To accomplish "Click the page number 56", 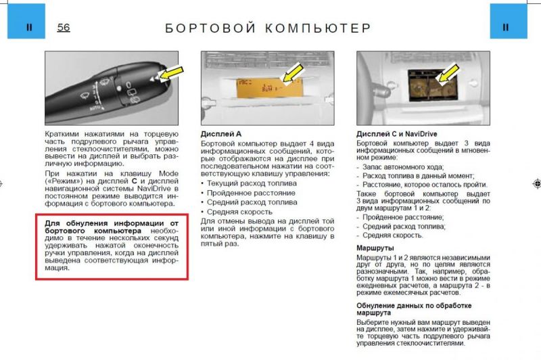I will pos(64,27).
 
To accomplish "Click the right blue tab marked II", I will pos(505,28).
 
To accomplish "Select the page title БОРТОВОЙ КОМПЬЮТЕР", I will pos(268,28).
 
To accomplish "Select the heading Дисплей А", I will pos(221,135).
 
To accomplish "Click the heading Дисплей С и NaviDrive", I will pos(396,135).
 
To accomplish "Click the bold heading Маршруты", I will pos(376,248).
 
